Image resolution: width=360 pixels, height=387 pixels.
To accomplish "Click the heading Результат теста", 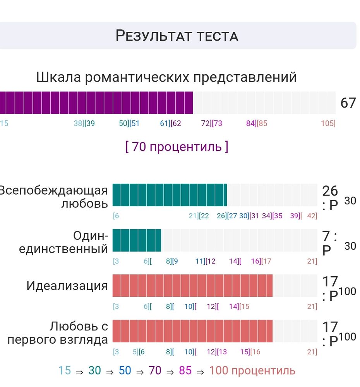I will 177,36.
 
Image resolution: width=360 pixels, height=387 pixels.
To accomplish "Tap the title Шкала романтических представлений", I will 166,77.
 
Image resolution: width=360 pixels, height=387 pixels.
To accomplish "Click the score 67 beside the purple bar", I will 348,103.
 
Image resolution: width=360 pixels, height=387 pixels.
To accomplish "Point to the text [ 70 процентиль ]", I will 177,147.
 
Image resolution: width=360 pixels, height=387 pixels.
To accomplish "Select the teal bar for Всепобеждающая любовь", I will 170,195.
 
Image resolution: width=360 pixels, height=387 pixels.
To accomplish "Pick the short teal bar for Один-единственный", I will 137,240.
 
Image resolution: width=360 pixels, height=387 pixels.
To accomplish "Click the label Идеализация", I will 67,286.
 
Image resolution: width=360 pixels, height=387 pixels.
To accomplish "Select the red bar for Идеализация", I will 192,286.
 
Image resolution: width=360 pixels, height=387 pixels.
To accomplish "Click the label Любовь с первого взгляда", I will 58,333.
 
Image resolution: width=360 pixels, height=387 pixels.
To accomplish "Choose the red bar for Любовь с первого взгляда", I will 192,331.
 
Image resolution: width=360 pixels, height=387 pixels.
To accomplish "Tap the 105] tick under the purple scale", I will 328,123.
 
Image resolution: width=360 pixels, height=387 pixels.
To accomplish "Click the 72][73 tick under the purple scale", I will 211,123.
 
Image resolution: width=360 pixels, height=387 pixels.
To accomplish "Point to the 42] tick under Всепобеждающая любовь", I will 312,216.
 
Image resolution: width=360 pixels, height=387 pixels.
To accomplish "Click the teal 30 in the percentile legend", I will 94,370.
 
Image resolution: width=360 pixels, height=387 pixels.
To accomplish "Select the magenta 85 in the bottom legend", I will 185,370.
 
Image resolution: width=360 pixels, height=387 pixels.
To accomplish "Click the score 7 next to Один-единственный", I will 326,236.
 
